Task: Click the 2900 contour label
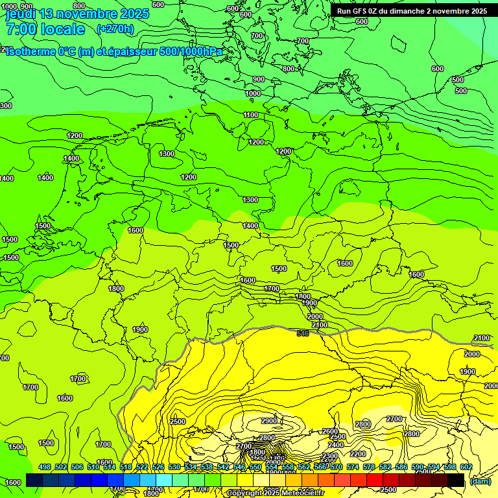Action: click(269, 421)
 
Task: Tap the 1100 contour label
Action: click(251, 115)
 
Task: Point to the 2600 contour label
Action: click(330, 431)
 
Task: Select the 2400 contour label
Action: click(336, 445)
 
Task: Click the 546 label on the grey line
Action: click(302, 333)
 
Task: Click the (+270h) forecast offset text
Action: click(115, 29)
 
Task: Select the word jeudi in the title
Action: click(21, 13)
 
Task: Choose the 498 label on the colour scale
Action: click(45, 467)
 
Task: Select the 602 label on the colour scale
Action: click(466, 467)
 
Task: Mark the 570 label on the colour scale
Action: click(336, 467)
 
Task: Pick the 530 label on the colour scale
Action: click(174, 467)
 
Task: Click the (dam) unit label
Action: click(480, 480)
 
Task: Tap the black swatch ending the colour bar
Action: click(456, 480)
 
